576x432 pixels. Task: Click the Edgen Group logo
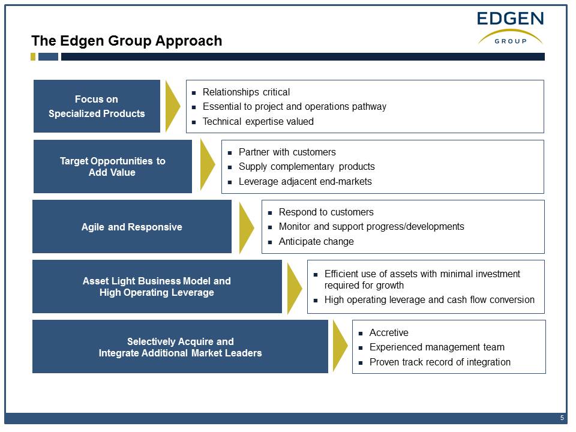pyautogui.click(x=510, y=28)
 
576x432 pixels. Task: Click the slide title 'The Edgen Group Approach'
pyautogui.click(x=127, y=41)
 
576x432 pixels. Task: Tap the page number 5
pyautogui.click(x=562, y=418)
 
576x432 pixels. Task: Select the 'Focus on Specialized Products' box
pyautogui.click(x=97, y=106)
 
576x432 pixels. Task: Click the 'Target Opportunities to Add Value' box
pyautogui.click(x=112, y=166)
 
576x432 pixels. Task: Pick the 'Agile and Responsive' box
pyautogui.click(x=132, y=227)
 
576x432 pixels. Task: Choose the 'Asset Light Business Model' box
pyautogui.click(x=157, y=287)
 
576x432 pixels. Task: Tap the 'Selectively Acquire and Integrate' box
pyautogui.click(x=180, y=347)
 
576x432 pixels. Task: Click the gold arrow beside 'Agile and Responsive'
pyautogui.click(x=246, y=228)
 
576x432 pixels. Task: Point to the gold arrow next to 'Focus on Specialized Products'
pyautogui.click(x=172, y=106)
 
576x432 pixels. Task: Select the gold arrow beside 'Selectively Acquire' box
pyautogui.click(x=340, y=346)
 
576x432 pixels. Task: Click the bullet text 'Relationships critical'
pyautogui.click(x=246, y=92)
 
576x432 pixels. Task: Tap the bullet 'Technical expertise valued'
pyautogui.click(x=258, y=122)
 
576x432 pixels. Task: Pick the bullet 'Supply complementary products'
pyautogui.click(x=307, y=167)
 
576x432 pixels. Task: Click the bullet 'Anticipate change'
pyautogui.click(x=316, y=242)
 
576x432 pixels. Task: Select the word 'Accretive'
pyautogui.click(x=389, y=332)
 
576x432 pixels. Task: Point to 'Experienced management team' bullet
pyautogui.click(x=437, y=347)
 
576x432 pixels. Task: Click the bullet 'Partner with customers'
pyautogui.click(x=287, y=152)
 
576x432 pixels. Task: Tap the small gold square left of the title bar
pyautogui.click(x=33, y=56)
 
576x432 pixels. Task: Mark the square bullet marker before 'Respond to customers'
pyautogui.click(x=270, y=212)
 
